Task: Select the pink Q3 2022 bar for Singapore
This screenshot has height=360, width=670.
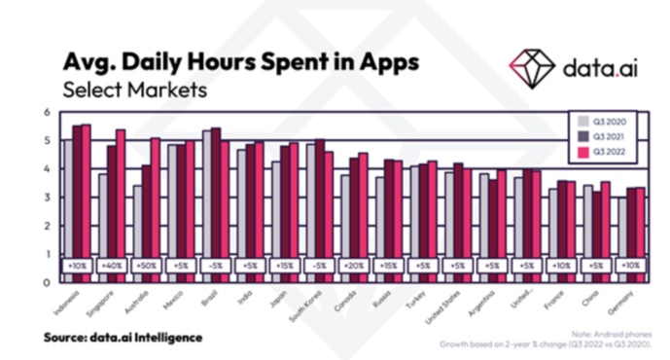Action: click(121, 195)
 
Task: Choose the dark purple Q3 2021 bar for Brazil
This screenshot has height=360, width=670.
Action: click(215, 195)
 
